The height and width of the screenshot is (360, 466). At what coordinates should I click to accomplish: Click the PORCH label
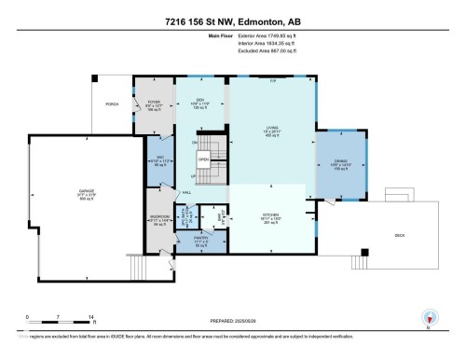point(112,104)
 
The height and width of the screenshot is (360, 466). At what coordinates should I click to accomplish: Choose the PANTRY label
point(202,238)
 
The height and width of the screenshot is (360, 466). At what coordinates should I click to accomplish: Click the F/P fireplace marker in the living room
point(272,83)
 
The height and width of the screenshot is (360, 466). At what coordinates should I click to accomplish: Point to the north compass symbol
point(428,317)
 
